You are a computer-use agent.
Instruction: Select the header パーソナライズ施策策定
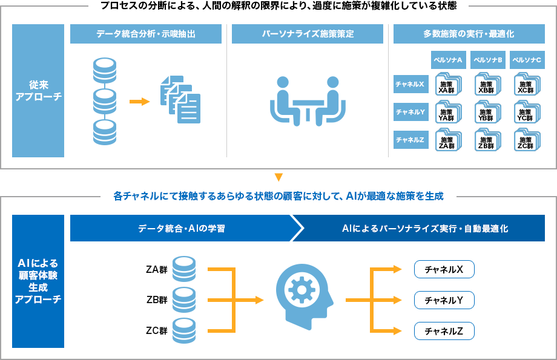point(307,34)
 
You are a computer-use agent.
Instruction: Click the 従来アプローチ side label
point(38,91)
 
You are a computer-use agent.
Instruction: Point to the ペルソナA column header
point(447,61)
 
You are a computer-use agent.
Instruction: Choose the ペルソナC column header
point(526,61)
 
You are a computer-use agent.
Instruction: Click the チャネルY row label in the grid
point(410,112)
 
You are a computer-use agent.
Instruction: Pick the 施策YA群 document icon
point(447,113)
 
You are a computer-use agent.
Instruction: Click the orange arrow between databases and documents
point(139,101)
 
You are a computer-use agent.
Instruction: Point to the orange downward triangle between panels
point(278,177)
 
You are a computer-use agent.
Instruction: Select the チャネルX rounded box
point(444,269)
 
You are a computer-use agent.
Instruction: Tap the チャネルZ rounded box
point(444,331)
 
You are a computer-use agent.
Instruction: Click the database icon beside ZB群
point(183,299)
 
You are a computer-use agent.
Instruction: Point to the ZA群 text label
point(156,270)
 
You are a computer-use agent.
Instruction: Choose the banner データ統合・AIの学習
point(182,229)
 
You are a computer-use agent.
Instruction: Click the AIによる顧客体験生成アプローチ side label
point(38,281)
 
